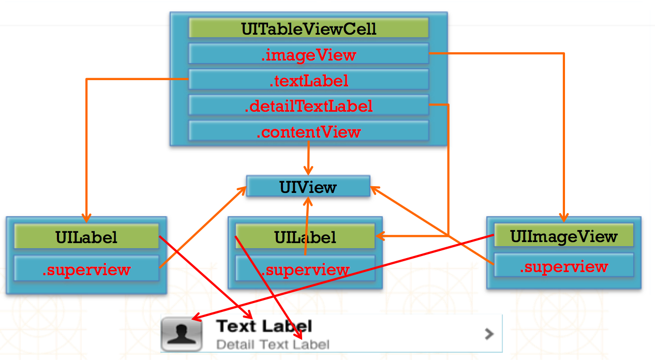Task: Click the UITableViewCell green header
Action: (x=309, y=28)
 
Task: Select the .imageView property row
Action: (x=309, y=54)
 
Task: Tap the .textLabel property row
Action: (x=309, y=80)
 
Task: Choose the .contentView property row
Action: (x=309, y=131)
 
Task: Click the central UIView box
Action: (x=308, y=186)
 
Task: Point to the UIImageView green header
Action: (x=564, y=236)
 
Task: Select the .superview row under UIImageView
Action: (x=564, y=265)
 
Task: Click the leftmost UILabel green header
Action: (x=86, y=236)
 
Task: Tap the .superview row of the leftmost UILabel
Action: (x=86, y=268)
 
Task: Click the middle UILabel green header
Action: (x=305, y=236)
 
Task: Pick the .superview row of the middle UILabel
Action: (x=305, y=268)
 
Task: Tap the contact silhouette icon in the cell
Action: (x=182, y=334)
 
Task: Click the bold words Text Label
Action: (x=264, y=326)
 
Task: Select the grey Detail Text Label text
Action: (x=273, y=344)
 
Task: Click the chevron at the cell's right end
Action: (x=489, y=334)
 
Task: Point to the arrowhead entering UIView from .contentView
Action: (x=308, y=171)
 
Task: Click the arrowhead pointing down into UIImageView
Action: (x=564, y=218)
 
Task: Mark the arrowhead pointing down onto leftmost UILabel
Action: (x=86, y=218)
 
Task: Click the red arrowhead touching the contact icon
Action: (x=196, y=317)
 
